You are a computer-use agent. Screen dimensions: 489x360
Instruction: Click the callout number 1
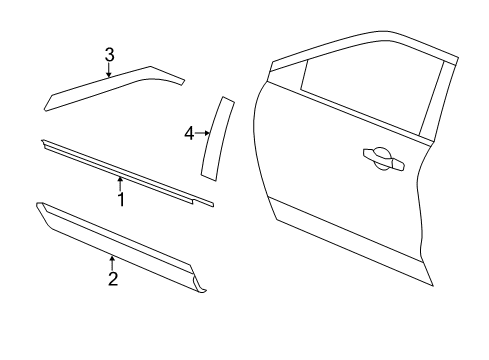[121, 199]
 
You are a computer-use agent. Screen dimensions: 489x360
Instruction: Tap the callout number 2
[113, 279]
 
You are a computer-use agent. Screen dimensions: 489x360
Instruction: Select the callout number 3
[109, 55]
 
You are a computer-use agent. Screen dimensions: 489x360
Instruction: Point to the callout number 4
[189, 134]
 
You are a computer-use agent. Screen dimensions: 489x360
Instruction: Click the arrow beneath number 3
[109, 70]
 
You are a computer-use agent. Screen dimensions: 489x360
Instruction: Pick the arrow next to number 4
[202, 133]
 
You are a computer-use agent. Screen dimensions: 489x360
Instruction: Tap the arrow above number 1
[120, 184]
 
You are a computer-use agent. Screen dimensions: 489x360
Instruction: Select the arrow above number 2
[112, 263]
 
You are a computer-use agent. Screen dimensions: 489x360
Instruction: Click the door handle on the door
[384, 159]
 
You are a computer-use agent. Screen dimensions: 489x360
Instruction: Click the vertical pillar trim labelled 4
[217, 138]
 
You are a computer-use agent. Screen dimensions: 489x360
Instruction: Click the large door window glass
[372, 87]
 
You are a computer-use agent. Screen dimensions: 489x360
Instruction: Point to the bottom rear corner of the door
[433, 286]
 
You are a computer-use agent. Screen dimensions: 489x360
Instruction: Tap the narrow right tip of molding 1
[212, 205]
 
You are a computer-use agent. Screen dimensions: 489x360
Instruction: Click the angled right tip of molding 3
[183, 82]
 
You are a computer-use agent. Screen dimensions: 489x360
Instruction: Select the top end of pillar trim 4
[228, 99]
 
